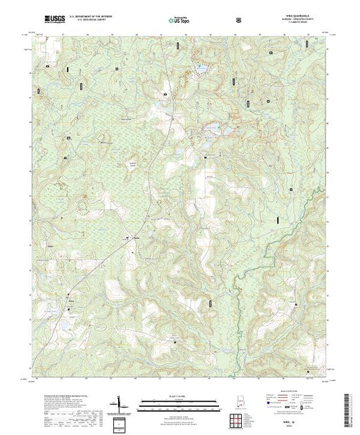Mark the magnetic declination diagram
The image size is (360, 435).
pos(118,401)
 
